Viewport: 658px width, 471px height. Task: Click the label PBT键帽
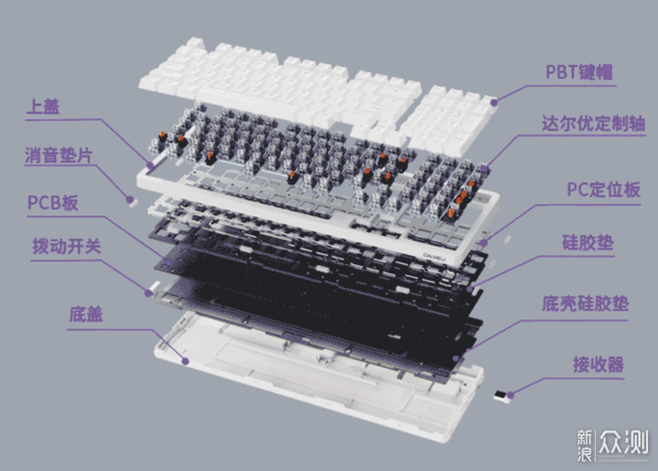579,71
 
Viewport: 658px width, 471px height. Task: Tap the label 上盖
43,106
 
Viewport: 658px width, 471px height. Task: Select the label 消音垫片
58,155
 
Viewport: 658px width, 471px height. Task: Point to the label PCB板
53,202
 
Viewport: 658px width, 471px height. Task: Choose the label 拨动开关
67,246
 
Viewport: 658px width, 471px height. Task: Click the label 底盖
86,314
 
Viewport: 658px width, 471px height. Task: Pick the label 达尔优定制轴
593,123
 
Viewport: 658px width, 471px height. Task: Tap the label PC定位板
603,190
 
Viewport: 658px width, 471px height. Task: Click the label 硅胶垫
587,243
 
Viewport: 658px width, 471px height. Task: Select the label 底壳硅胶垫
586,304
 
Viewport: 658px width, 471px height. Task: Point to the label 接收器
599,364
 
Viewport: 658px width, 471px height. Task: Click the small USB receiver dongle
502,396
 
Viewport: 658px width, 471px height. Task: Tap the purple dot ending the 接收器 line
510,395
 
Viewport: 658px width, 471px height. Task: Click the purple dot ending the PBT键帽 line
494,102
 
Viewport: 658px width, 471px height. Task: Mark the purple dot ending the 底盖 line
185,361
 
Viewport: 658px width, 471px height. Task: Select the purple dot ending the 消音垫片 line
130,200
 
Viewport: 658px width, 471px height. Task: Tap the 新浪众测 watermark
612,445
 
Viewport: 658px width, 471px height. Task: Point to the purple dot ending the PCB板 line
168,263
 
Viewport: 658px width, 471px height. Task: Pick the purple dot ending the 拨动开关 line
149,293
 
